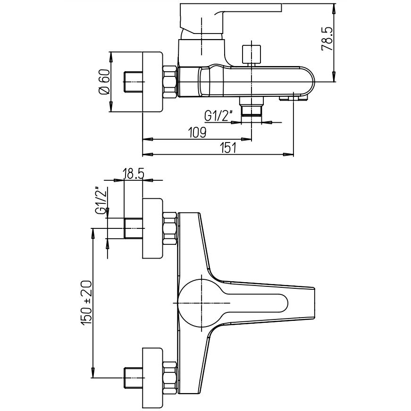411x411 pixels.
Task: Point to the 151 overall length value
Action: pos(227,148)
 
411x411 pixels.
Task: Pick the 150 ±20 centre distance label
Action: pos(86,302)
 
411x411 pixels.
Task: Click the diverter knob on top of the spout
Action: pos(251,55)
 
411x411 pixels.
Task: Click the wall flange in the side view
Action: pos(152,82)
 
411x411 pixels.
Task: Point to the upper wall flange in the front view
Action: pos(152,228)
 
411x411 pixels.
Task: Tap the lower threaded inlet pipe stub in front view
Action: pos(133,377)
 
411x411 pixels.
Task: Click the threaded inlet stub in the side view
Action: pos(133,82)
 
